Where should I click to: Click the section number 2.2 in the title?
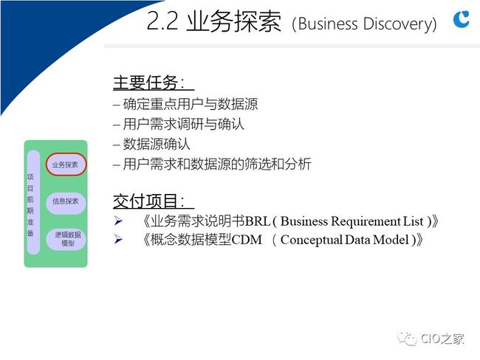point(162,21)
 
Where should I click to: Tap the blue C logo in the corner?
point(462,19)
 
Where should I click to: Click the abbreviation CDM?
point(247,240)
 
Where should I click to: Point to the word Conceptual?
point(312,240)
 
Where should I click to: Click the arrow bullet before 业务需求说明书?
point(118,221)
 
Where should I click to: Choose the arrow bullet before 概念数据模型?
point(118,239)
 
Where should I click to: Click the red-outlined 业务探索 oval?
point(66,165)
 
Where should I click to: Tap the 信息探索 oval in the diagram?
point(66,201)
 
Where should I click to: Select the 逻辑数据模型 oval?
point(66,239)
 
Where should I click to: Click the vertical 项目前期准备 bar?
point(33,202)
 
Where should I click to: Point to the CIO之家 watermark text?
point(442,339)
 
